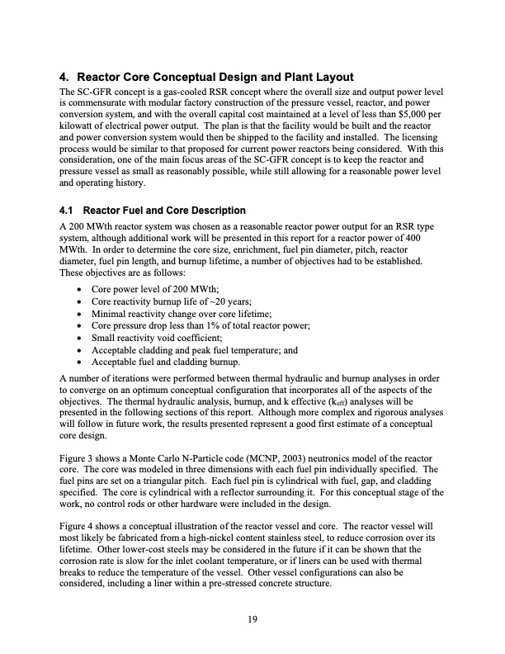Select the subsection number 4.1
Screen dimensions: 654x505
[x=70, y=211]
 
